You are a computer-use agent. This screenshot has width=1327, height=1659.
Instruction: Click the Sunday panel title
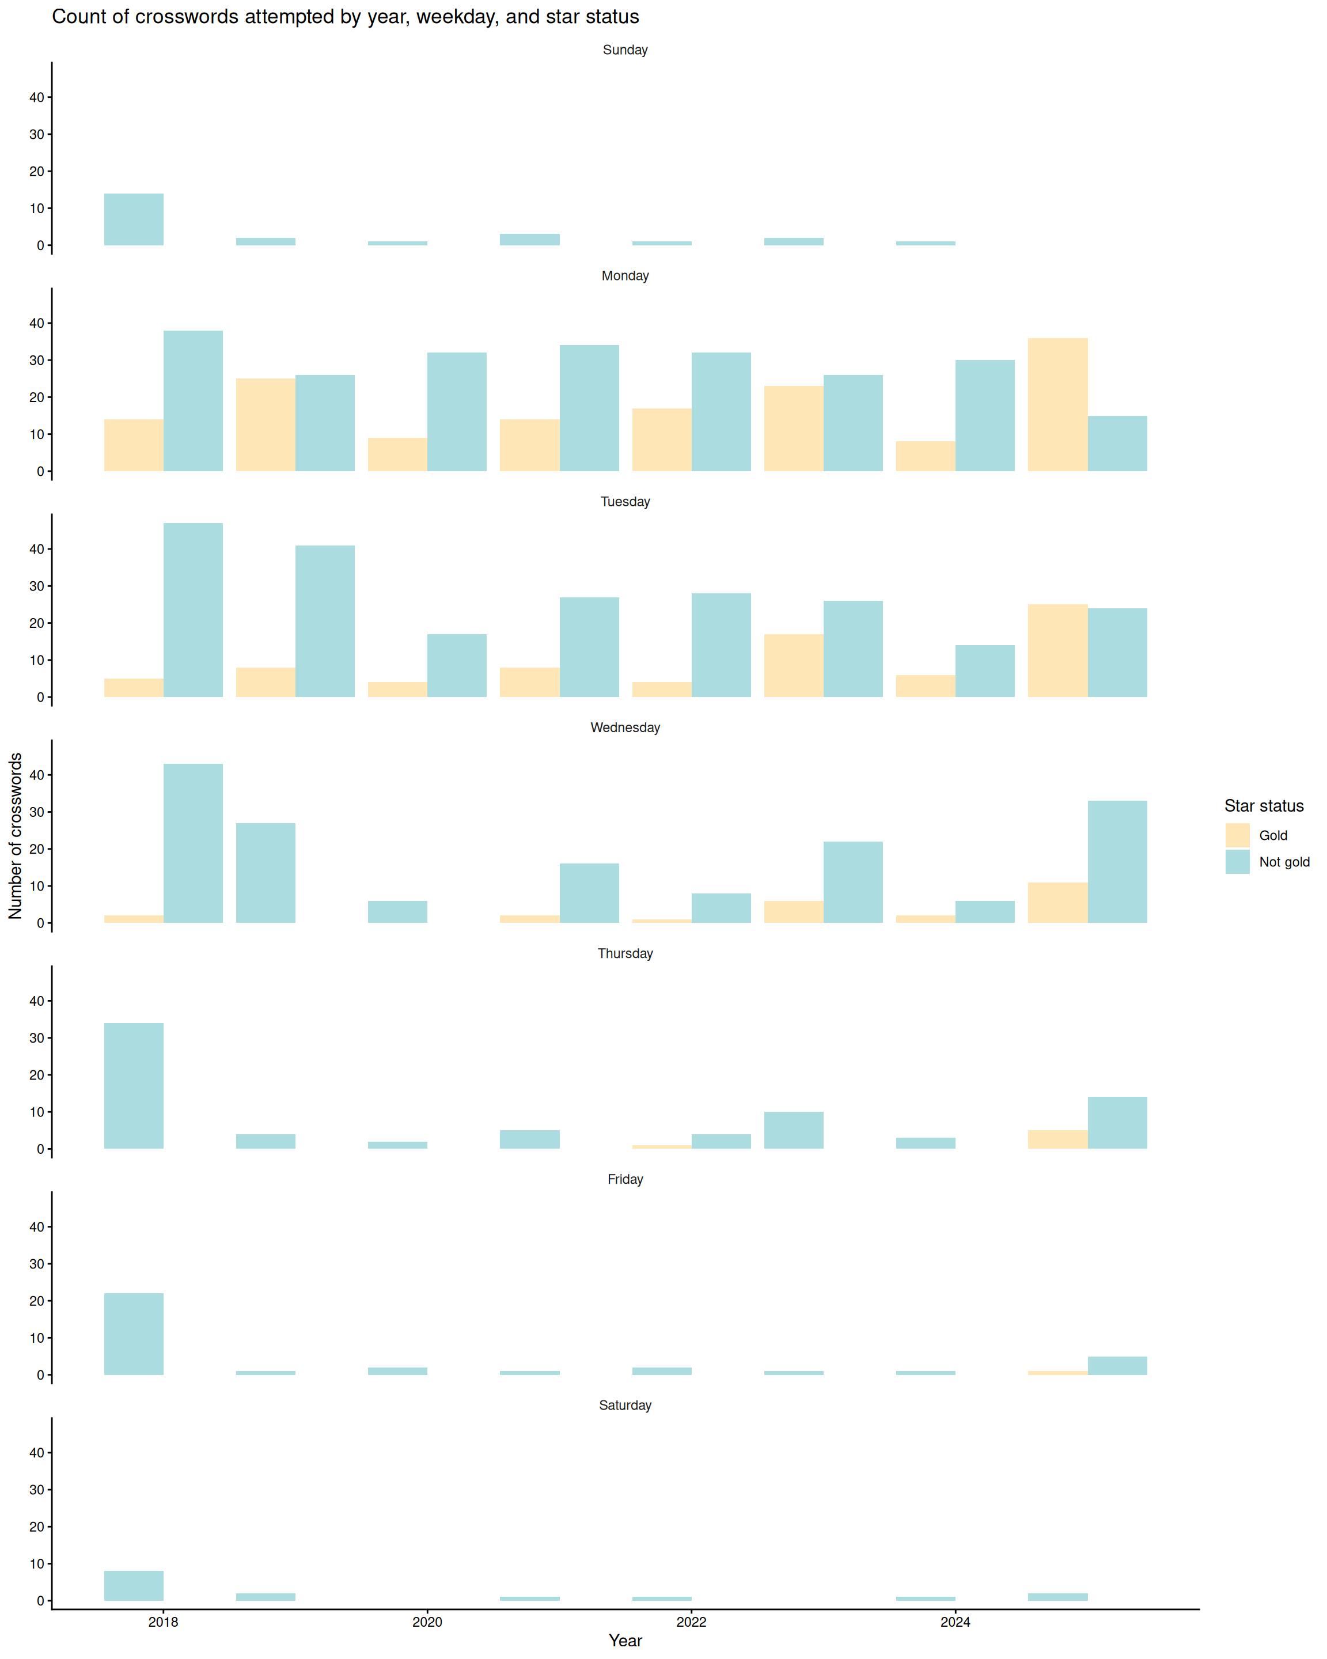[x=625, y=50]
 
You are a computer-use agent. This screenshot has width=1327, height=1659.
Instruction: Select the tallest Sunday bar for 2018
[x=134, y=219]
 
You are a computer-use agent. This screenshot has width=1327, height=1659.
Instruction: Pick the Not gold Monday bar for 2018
[x=193, y=401]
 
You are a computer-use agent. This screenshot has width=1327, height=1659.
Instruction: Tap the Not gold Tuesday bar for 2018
[x=193, y=610]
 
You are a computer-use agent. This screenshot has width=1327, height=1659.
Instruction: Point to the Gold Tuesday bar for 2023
[x=793, y=665]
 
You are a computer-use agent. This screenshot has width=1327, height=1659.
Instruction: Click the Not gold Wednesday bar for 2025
[x=1117, y=862]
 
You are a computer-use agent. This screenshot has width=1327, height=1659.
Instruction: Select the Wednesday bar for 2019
[x=266, y=873]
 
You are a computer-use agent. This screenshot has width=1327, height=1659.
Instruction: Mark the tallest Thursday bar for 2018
[x=134, y=1086]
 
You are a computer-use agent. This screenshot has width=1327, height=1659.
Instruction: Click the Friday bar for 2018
[x=134, y=1334]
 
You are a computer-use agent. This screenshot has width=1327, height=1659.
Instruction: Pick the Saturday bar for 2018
[x=134, y=1585]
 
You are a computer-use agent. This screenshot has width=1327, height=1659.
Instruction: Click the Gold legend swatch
[x=1237, y=835]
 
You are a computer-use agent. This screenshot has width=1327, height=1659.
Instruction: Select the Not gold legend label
[x=1284, y=862]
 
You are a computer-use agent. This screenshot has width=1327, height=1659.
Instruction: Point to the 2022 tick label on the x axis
[x=691, y=1622]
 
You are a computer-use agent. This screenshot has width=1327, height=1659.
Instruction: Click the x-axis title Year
[x=625, y=1641]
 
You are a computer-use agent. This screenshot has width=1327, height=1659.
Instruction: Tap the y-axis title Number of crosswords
[x=16, y=836]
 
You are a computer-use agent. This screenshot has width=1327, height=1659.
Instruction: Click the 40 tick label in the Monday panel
[x=37, y=323]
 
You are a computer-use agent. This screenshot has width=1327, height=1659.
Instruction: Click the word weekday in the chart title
[x=457, y=17]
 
